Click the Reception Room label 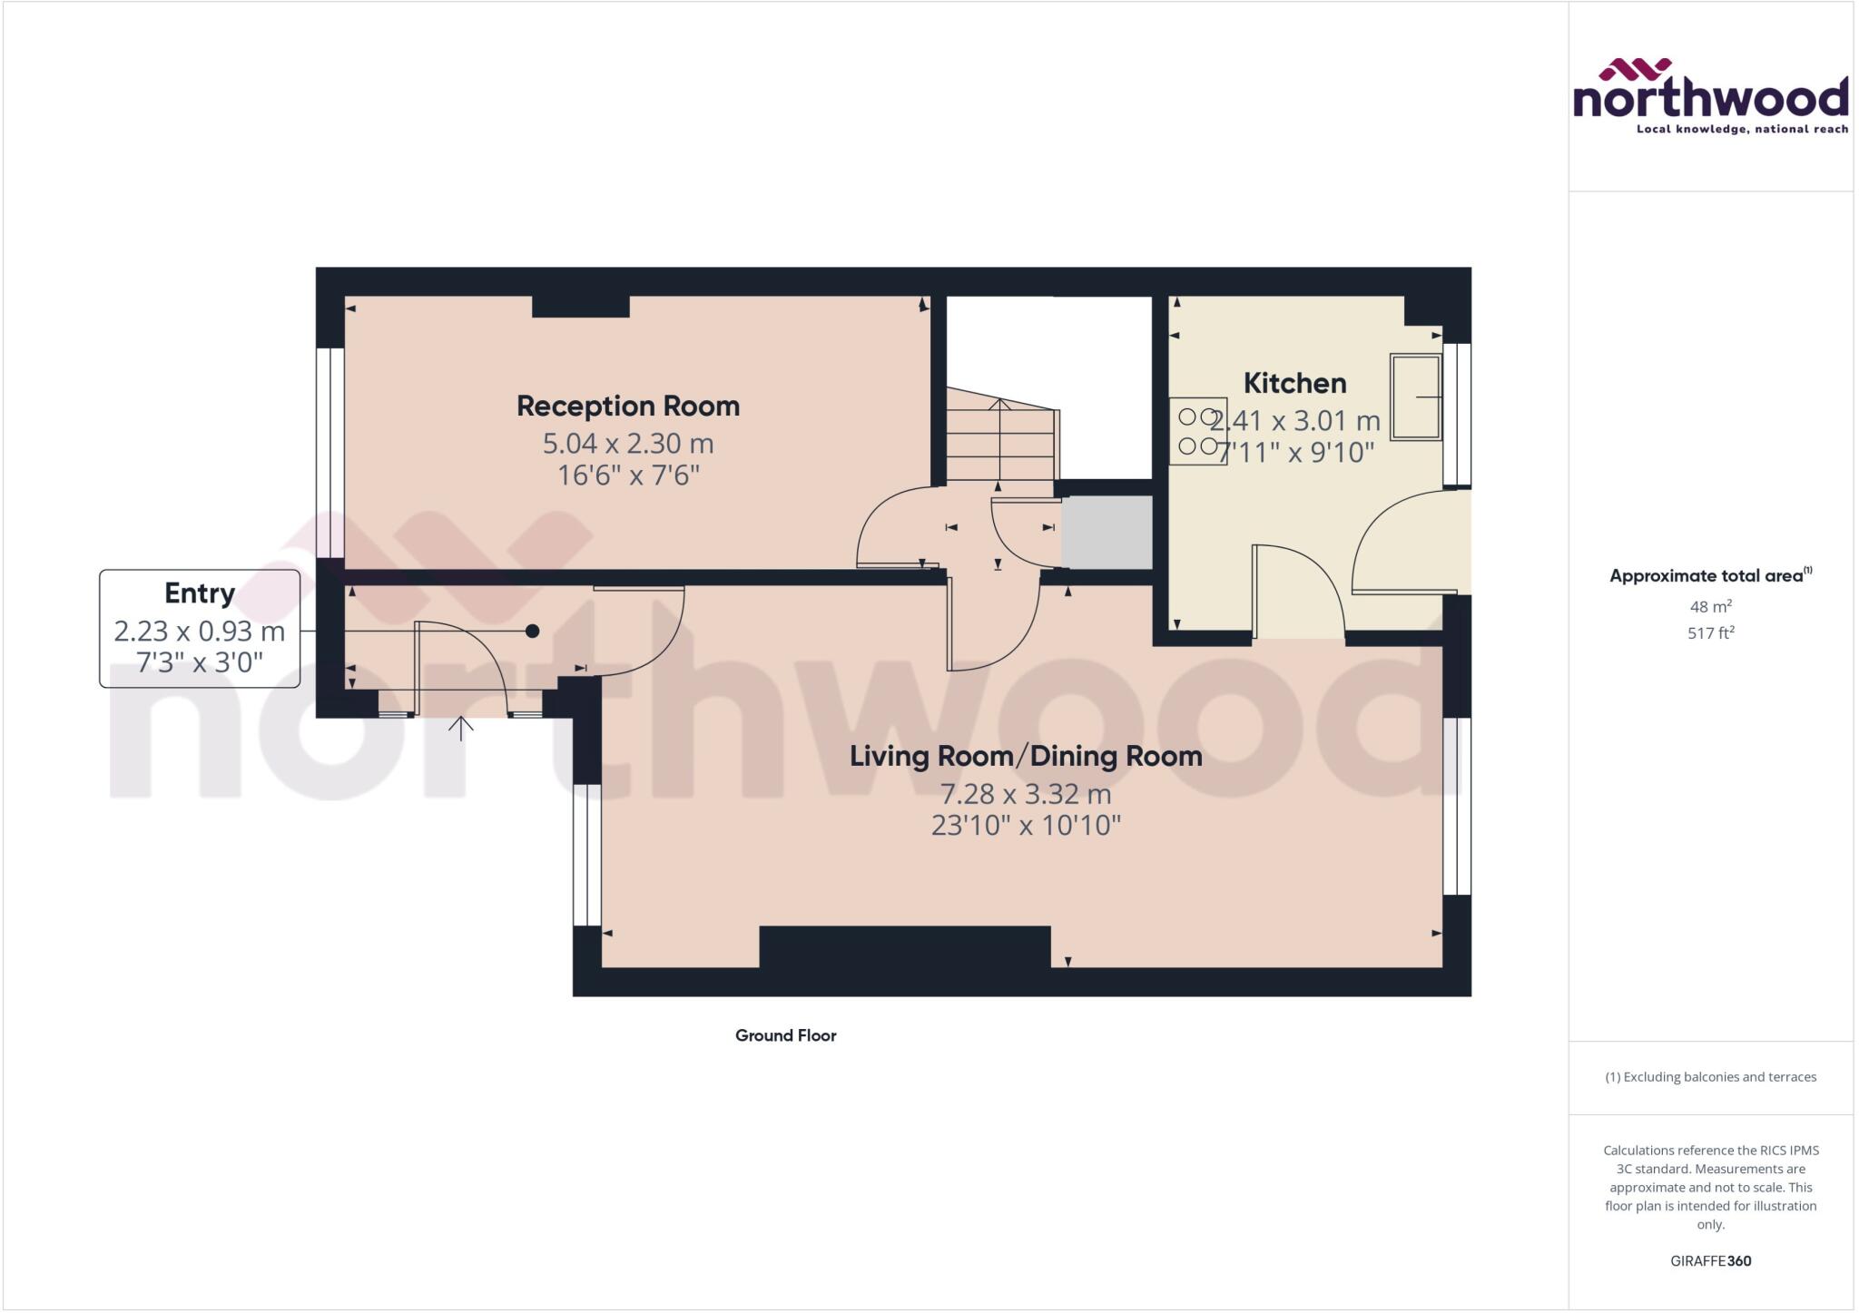(628, 406)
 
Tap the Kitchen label (1294, 383)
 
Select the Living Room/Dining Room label (1026, 756)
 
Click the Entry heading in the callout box (200, 593)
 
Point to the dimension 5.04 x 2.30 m (628, 444)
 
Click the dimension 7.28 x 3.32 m (1026, 794)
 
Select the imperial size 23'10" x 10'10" (1026, 826)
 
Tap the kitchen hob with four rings (1197, 432)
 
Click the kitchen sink (1415, 397)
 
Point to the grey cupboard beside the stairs (1106, 533)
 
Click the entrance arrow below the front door (461, 728)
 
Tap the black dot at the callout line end (533, 631)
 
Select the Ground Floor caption (785, 1035)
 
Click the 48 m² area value (1710, 606)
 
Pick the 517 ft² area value (1710, 632)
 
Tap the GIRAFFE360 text (1710, 1260)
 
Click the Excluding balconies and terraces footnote (1710, 1077)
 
